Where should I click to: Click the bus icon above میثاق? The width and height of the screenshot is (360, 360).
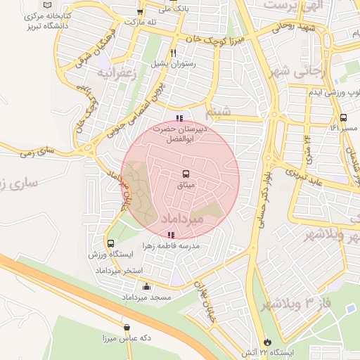click(x=186, y=173)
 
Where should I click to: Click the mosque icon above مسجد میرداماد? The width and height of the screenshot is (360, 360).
click(x=146, y=286)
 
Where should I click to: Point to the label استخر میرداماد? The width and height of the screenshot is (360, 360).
click(x=122, y=271)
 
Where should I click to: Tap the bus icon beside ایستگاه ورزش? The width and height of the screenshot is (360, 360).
click(x=91, y=243)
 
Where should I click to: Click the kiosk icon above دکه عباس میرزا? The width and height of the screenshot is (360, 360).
click(x=127, y=327)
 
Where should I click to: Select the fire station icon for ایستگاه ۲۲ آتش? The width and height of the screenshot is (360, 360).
click(x=265, y=341)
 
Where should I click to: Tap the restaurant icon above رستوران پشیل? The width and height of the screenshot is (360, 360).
click(x=173, y=52)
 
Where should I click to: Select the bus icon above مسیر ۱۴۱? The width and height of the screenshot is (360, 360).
click(x=343, y=117)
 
